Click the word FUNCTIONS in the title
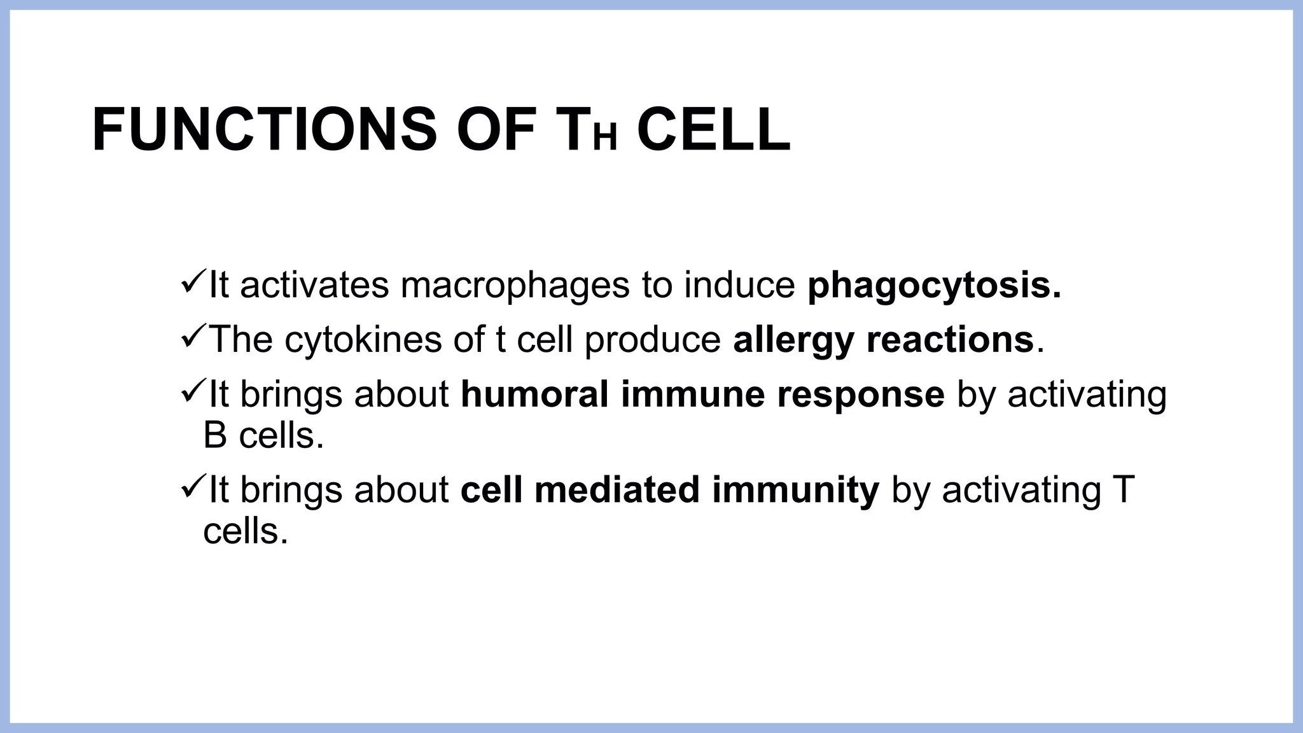coord(264,130)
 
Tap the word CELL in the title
coord(713,130)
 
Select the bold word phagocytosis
coord(934,286)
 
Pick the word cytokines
coord(363,340)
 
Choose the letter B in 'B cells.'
coord(215,436)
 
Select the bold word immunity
coord(795,490)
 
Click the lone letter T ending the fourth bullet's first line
coord(1124,490)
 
